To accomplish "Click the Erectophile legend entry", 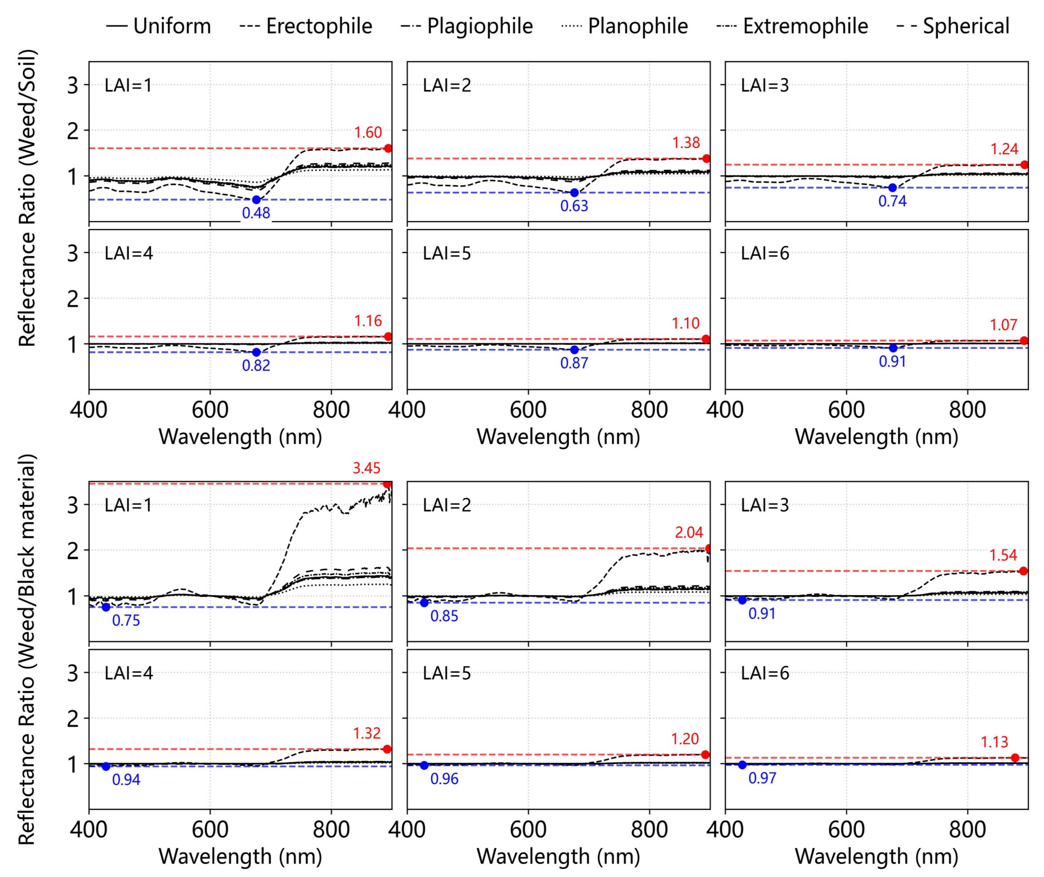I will coord(306,26).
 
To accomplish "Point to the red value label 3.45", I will coord(366,468).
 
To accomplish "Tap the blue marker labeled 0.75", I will coord(106,607).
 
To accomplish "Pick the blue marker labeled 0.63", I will coord(574,192).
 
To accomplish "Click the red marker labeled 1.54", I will coord(1023,571).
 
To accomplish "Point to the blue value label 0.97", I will coord(762,778).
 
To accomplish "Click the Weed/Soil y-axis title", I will coord(27,198).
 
